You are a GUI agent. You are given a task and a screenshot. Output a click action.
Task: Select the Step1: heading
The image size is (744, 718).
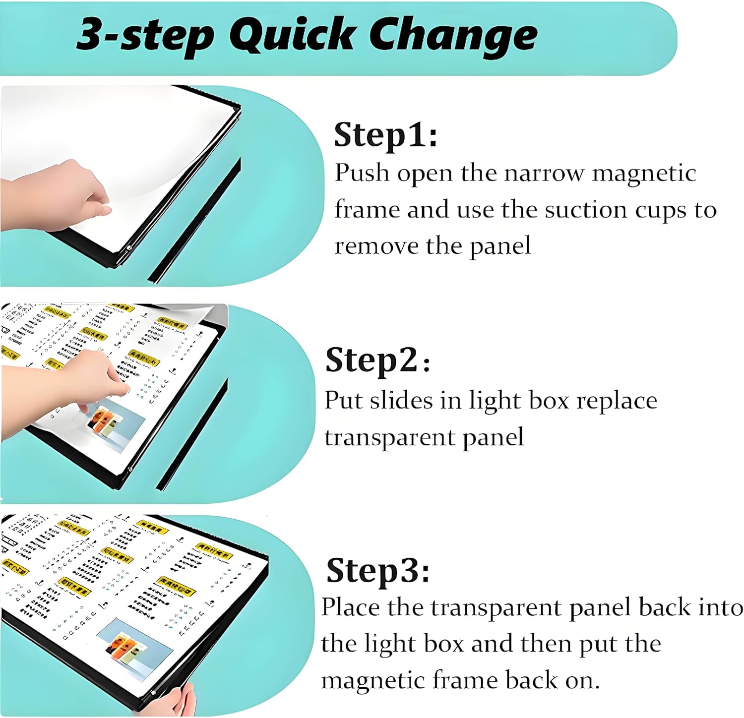[385, 135]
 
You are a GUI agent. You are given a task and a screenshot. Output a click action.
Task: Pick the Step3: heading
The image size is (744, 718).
[377, 571]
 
